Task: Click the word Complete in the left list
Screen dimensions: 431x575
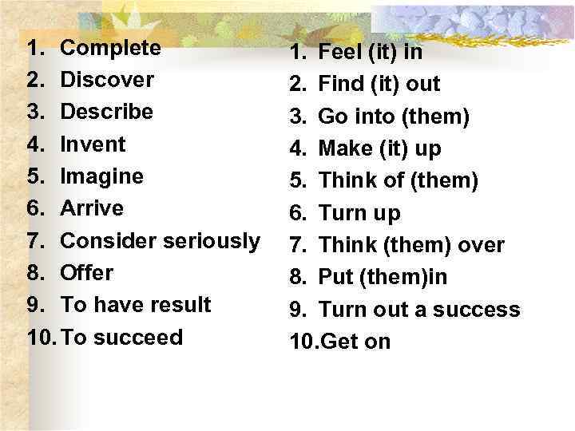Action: click(111, 48)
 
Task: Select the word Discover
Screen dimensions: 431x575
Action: click(107, 80)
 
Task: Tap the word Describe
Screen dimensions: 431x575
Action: click(106, 112)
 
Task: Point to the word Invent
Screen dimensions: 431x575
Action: click(93, 144)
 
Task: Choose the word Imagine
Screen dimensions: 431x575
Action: click(102, 176)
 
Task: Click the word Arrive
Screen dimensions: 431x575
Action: click(92, 208)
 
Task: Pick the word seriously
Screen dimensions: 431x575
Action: click(210, 240)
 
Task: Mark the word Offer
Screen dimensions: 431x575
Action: click(87, 272)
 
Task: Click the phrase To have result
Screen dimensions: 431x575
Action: click(136, 304)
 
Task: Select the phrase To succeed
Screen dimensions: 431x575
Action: click(121, 337)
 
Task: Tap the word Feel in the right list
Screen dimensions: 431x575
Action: click(336, 53)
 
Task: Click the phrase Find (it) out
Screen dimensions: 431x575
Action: click(379, 85)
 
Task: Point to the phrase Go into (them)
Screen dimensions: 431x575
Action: click(394, 117)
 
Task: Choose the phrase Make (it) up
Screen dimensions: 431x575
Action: click(379, 149)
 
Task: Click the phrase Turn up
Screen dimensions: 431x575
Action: click(359, 214)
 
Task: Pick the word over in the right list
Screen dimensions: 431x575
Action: click(481, 246)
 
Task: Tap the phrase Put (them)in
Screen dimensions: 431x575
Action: click(383, 278)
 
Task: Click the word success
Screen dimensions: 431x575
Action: click(478, 310)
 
